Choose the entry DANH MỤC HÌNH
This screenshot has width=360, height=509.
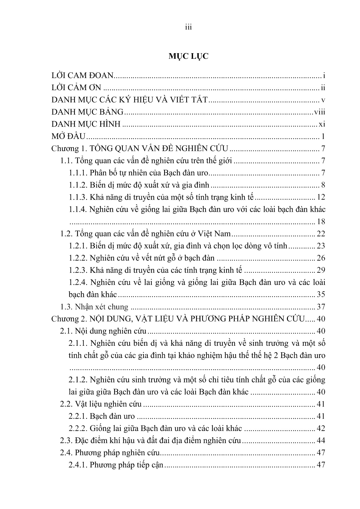click(x=86, y=124)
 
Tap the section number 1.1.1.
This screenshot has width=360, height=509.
click(x=78, y=173)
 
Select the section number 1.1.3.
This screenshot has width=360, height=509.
click(x=78, y=197)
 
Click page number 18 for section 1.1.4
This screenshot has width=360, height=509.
click(x=321, y=222)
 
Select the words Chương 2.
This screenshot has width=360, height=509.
click(x=65, y=319)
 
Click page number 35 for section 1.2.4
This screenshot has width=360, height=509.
click(x=321, y=294)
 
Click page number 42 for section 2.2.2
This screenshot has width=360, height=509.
click(x=321, y=428)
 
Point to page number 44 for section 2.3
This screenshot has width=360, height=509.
click(x=321, y=441)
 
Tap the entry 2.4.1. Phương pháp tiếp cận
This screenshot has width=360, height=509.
click(x=116, y=465)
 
